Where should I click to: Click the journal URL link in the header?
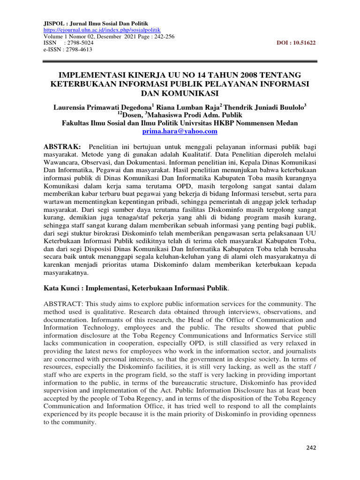click(x=93, y=29)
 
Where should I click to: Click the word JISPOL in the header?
click(x=54, y=22)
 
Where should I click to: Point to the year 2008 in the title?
click(x=238, y=75)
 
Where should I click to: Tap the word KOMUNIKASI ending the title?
click(x=180, y=93)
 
